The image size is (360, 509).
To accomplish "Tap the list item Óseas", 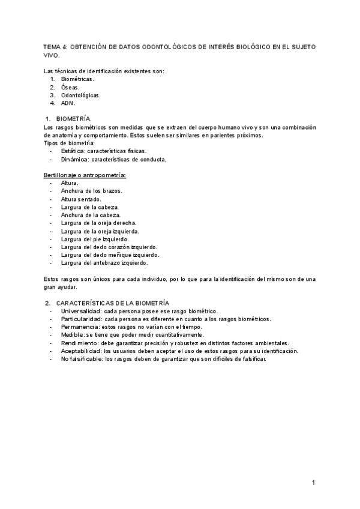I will point(70,87).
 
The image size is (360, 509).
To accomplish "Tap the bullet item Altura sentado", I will point(81,199).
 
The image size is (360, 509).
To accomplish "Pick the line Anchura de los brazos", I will point(91,191).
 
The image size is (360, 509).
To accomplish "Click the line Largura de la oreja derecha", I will point(98,223).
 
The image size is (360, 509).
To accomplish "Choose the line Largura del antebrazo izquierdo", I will point(104,262).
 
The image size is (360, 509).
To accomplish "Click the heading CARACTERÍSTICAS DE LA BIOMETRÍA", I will point(113,303).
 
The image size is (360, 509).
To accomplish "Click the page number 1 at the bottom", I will point(313,482).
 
